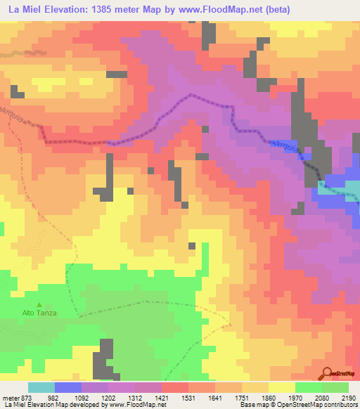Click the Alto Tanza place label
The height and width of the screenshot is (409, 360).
(39, 313)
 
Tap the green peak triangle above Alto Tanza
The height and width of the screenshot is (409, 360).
(39, 304)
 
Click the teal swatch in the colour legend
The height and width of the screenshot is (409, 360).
(41, 387)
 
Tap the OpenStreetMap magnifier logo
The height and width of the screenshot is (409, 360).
(328, 374)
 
